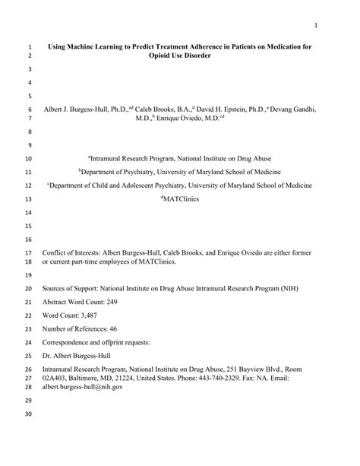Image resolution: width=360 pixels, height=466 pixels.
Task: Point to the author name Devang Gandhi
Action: (292, 109)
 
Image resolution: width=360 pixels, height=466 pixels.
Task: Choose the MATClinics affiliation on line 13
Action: (180, 199)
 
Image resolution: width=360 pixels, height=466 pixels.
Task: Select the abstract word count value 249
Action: (122, 303)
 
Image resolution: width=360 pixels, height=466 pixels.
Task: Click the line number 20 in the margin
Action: (29, 289)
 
